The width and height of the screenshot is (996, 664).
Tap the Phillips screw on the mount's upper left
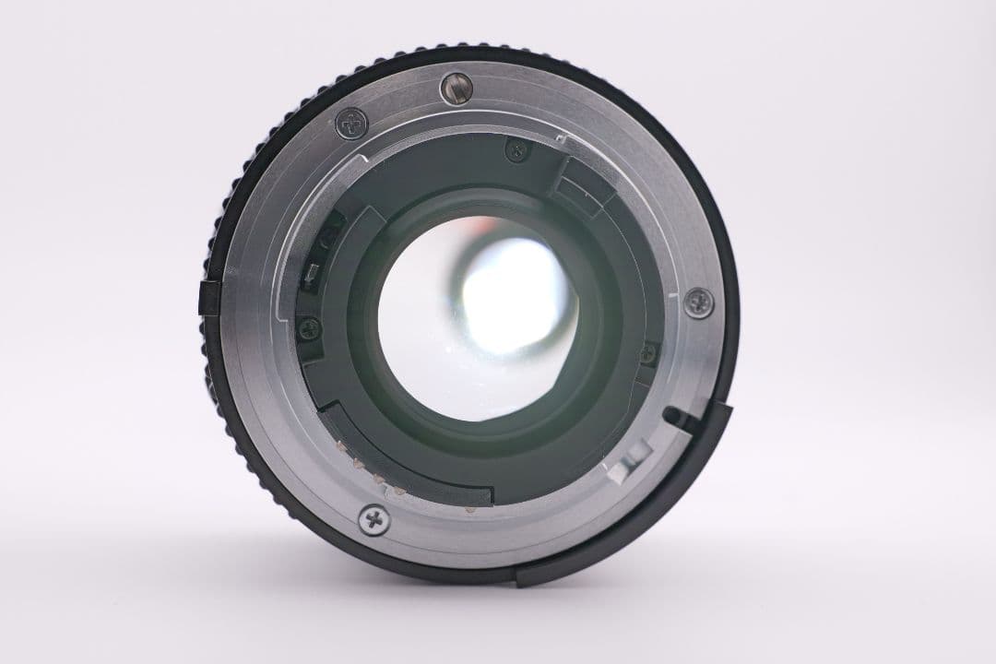pos(350,123)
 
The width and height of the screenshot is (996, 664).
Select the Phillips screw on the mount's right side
pos(698,301)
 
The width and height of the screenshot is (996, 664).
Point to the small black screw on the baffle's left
pos(309,326)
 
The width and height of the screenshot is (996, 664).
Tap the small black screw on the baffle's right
pos(649,350)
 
